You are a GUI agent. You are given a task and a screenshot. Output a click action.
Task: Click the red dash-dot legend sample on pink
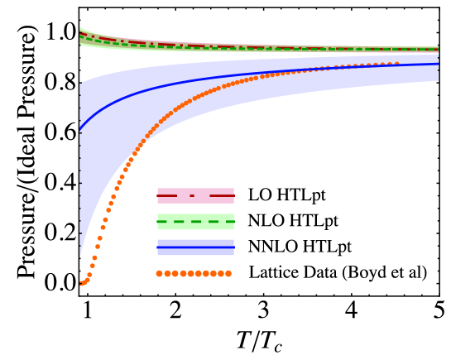(x=195, y=196)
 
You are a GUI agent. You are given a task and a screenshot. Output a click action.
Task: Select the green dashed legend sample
(x=195, y=222)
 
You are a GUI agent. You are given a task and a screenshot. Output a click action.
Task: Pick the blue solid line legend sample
(x=195, y=247)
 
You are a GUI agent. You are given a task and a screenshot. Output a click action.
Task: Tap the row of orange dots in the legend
(x=194, y=273)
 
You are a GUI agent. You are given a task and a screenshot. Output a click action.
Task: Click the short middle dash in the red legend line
(x=192, y=196)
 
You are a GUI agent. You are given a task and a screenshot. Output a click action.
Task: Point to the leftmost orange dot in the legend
(x=160, y=273)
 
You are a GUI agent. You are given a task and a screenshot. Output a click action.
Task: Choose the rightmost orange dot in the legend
(x=228, y=273)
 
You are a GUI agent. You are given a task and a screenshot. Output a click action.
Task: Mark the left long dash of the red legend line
(x=167, y=196)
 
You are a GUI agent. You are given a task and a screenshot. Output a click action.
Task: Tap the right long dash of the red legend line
(x=222, y=196)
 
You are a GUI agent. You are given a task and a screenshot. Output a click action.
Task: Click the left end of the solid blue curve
(x=80, y=130)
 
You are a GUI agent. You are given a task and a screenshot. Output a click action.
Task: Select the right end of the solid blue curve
(x=438, y=64)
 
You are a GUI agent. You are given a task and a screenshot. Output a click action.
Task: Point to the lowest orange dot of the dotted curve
(x=81, y=284)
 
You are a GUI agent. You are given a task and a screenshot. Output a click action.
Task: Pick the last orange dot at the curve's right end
(x=397, y=64)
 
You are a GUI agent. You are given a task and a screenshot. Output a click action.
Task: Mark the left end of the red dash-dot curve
(x=80, y=34)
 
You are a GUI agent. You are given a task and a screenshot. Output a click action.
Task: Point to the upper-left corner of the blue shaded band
(x=80, y=84)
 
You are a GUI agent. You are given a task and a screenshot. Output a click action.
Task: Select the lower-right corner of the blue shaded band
(x=438, y=80)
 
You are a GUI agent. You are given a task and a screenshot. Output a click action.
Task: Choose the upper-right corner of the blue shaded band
(x=438, y=55)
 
